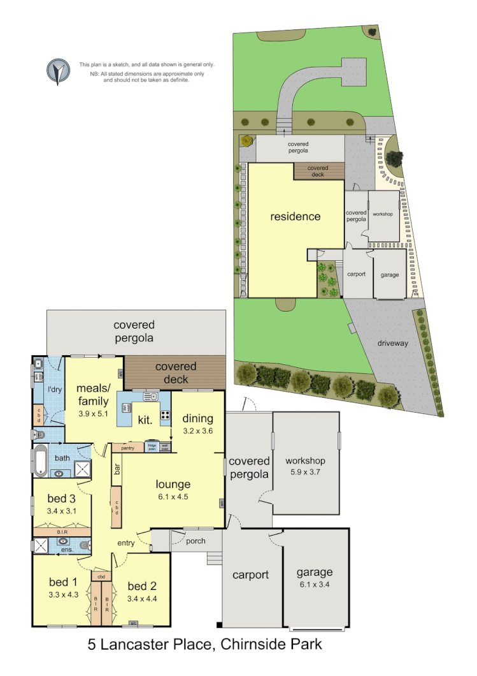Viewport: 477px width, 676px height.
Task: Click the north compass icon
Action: click(x=58, y=71)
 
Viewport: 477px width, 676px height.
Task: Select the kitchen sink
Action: click(x=151, y=397)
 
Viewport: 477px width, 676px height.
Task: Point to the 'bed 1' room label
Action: click(x=63, y=582)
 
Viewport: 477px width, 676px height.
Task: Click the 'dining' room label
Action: click(x=197, y=418)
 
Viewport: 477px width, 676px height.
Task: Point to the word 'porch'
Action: click(x=196, y=541)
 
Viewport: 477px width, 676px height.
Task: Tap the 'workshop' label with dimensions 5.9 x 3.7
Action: click(x=305, y=461)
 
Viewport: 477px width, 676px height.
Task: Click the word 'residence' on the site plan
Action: click(x=295, y=217)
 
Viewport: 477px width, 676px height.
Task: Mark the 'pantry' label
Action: click(x=127, y=448)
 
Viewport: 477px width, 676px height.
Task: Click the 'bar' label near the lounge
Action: click(x=117, y=469)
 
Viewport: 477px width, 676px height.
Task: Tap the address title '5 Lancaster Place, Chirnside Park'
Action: click(x=204, y=644)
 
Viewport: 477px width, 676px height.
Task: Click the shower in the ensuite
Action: click(x=41, y=545)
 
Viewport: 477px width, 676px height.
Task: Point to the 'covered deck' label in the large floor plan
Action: click(x=176, y=373)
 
